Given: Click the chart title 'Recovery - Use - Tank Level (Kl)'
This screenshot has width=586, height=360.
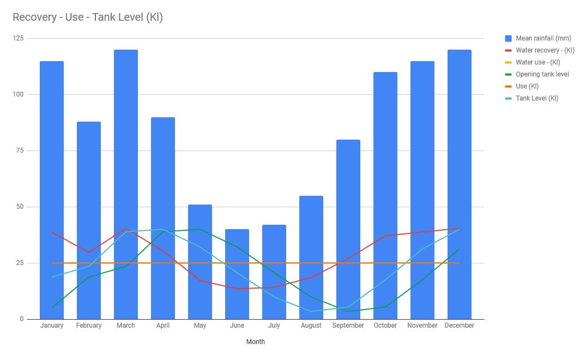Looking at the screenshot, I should click(87, 17).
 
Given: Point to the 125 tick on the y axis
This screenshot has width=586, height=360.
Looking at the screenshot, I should click(19, 38).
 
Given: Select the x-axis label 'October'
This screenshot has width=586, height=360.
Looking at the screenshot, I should click(385, 326).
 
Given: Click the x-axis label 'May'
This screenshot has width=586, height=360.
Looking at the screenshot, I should click(200, 326).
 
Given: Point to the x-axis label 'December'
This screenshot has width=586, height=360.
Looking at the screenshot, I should click(459, 326).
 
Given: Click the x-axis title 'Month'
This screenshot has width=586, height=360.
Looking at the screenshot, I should click(256, 342).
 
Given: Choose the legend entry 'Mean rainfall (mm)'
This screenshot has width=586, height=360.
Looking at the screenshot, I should click(543, 38).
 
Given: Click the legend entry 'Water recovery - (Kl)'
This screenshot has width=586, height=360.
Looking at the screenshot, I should click(545, 50).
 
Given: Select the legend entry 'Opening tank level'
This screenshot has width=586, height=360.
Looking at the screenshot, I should click(542, 74).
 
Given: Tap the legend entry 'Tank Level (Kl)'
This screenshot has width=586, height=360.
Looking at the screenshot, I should click(537, 98).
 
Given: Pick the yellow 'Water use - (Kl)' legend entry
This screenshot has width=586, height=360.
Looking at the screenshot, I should click(538, 62).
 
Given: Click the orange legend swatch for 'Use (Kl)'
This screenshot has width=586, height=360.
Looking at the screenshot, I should click(508, 86).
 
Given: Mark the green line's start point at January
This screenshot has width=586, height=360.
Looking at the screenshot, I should click(52, 308).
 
